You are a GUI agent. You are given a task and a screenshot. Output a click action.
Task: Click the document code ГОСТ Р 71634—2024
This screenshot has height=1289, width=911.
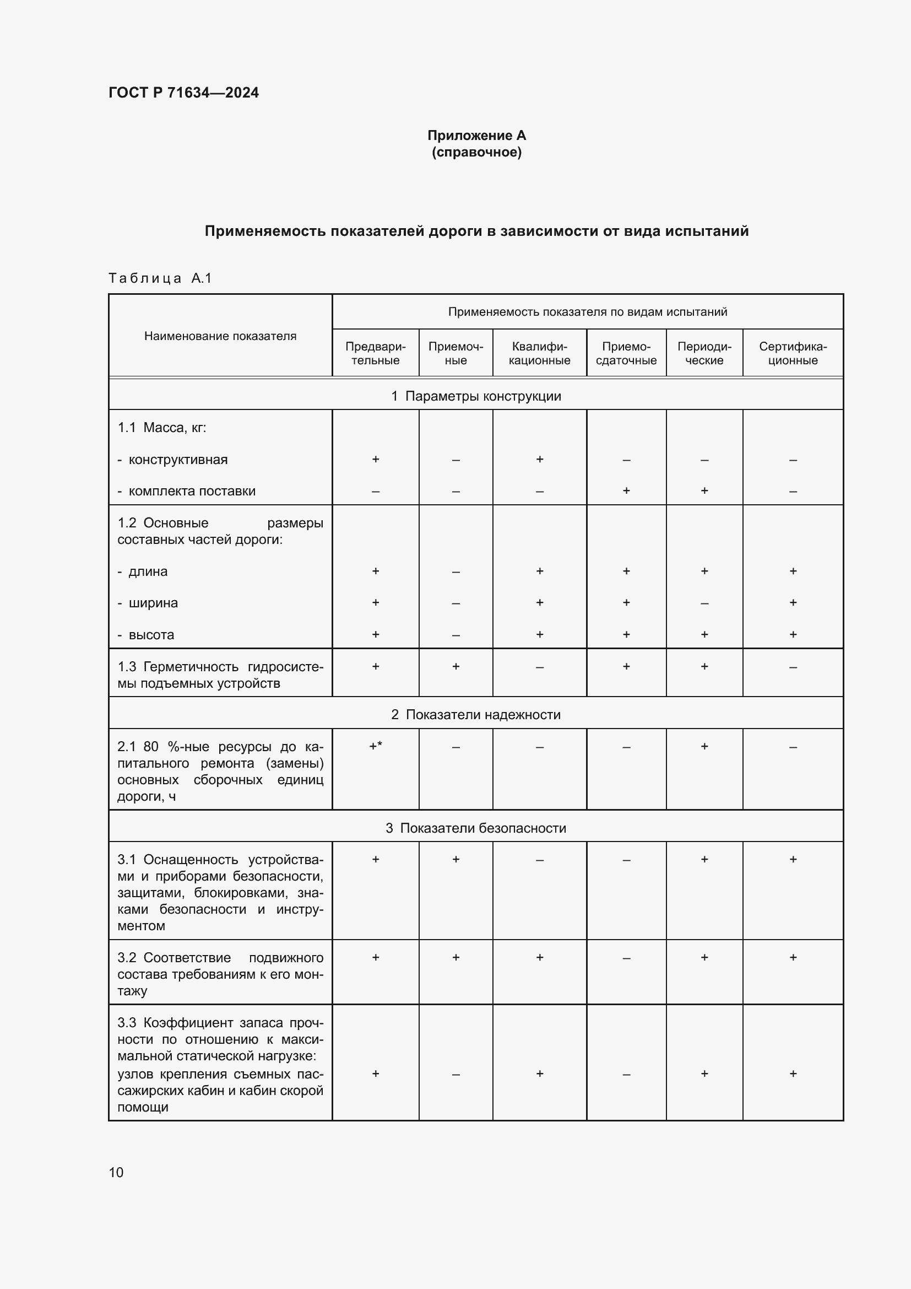tap(183, 93)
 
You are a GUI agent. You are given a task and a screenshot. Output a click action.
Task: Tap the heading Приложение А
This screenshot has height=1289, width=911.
tap(476, 136)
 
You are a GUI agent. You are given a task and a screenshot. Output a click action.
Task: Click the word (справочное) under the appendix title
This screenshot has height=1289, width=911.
tap(476, 152)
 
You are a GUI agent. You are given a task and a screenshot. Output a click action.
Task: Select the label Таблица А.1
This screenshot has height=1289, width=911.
tap(160, 278)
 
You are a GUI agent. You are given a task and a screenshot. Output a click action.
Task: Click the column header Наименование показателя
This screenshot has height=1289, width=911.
tap(220, 336)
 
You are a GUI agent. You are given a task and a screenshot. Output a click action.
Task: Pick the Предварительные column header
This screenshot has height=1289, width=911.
tap(375, 353)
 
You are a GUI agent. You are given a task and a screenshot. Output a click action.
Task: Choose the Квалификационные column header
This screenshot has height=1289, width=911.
tap(539, 353)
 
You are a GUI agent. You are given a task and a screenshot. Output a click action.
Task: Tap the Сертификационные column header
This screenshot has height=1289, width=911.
tap(792, 353)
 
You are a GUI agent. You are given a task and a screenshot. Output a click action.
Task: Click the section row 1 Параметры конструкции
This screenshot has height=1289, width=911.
tap(476, 396)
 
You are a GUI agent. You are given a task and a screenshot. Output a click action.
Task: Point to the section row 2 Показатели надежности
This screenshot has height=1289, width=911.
tap(476, 714)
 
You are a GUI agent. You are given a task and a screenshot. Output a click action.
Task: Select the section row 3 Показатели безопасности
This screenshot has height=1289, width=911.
tap(476, 828)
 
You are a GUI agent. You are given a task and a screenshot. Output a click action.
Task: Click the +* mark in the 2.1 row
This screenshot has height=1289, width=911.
tap(375, 746)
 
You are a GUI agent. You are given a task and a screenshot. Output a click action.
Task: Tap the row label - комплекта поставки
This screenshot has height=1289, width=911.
tap(186, 490)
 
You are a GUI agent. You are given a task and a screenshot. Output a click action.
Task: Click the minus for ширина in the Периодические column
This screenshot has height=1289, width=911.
tap(704, 603)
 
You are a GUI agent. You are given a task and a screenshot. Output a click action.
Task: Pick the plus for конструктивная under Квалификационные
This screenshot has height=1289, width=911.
tap(539, 459)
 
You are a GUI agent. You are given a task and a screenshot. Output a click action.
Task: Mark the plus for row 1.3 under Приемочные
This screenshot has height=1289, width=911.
tap(455, 666)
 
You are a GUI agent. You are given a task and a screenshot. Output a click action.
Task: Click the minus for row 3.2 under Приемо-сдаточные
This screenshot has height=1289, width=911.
tap(626, 958)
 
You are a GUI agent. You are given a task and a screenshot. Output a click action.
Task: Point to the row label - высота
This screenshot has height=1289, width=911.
tap(146, 634)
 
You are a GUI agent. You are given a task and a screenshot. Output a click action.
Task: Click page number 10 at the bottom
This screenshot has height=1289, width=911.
tap(116, 1172)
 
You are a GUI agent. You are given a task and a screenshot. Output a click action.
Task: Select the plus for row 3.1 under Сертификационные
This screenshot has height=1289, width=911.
tap(793, 859)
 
